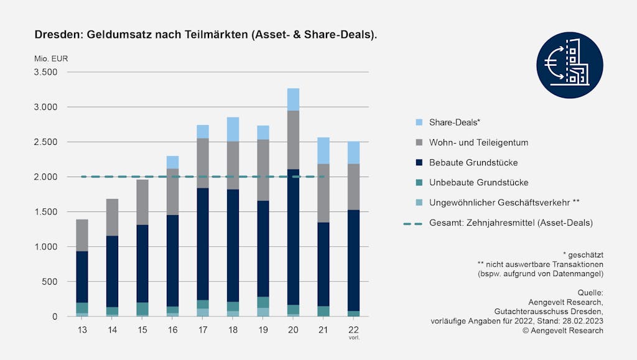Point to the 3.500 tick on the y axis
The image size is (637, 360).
[45, 72]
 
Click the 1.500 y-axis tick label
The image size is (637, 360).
[45, 212]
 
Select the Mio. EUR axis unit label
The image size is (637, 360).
[51, 59]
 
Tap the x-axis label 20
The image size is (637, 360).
[293, 328]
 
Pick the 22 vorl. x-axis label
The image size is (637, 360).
[354, 330]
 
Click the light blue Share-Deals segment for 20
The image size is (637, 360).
[293, 99]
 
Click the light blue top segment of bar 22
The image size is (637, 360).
[354, 152]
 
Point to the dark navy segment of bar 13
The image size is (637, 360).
[81, 277]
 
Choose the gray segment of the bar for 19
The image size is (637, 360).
[263, 170]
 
